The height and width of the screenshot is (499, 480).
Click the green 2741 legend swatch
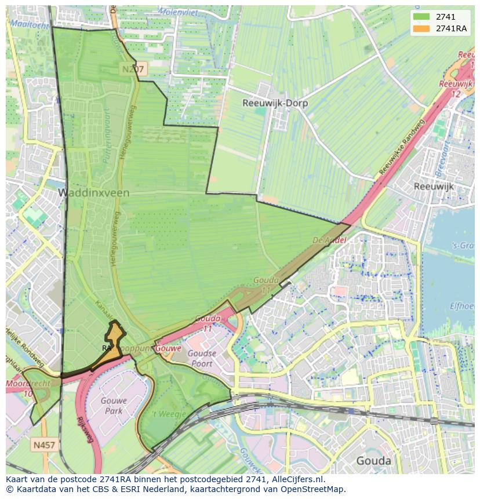tap(421, 17)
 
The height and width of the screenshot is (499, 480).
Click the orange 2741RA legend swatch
tap(421, 28)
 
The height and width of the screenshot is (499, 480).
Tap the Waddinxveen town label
tap(93, 192)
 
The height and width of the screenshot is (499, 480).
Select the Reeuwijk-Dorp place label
tap(275, 104)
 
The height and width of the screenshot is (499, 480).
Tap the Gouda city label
tap(373, 461)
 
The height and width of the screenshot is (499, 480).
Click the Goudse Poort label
tap(202, 358)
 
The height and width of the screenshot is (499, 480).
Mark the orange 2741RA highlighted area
tap(114, 343)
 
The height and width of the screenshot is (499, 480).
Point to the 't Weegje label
tap(169, 414)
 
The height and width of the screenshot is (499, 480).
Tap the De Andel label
tap(329, 240)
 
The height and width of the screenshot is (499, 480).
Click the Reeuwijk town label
tap(434, 187)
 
